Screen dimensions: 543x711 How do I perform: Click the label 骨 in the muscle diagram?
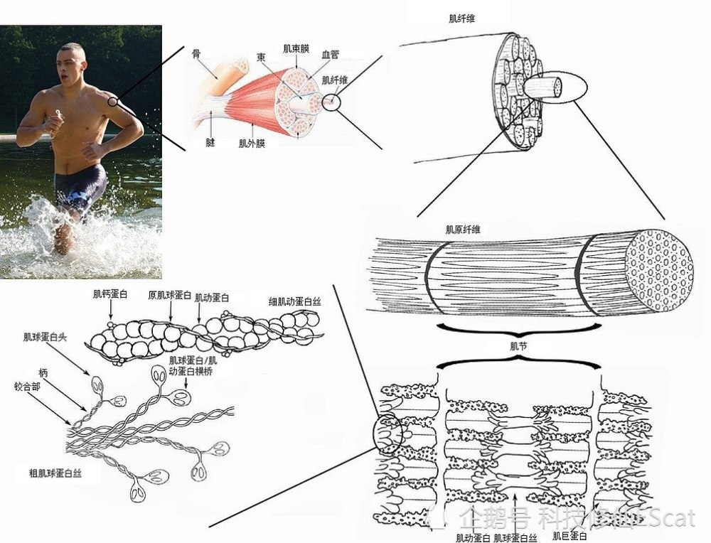196,53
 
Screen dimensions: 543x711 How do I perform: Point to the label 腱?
210,142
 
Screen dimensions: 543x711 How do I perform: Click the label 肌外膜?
252,144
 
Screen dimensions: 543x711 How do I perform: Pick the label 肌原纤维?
463,230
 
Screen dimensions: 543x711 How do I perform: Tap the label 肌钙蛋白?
110,293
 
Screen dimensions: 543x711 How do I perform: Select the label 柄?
44,372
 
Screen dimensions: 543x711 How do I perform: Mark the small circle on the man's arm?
112,102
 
